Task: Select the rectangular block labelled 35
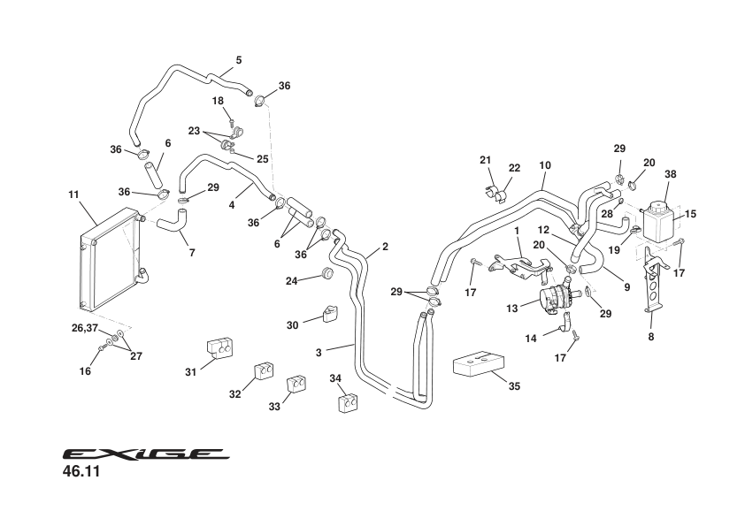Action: click(478, 365)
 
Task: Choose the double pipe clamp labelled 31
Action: click(222, 350)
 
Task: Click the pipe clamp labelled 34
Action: click(349, 402)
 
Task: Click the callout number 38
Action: click(670, 175)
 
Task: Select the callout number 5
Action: click(239, 60)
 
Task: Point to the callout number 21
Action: click(485, 160)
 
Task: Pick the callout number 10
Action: click(544, 165)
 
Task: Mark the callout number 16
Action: click(85, 371)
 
